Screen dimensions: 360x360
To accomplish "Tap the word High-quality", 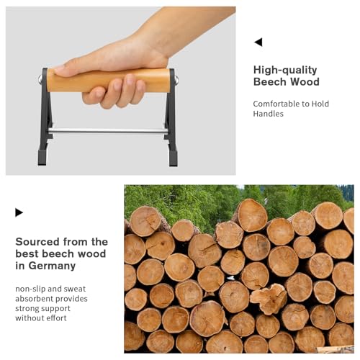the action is [285, 71].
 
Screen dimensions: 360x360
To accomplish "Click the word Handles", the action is [268, 114].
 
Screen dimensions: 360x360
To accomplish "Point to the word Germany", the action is [52, 266].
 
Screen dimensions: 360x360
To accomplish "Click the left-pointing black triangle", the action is [258, 42].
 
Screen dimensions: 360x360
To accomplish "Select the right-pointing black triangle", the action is [19, 212].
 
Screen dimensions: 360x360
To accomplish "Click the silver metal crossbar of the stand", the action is [108, 131].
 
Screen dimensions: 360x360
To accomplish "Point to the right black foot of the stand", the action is [173, 158].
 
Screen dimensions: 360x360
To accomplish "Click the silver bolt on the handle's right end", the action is [176, 80].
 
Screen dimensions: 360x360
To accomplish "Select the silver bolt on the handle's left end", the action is [40, 79].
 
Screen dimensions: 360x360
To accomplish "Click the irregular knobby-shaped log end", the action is [269, 298].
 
